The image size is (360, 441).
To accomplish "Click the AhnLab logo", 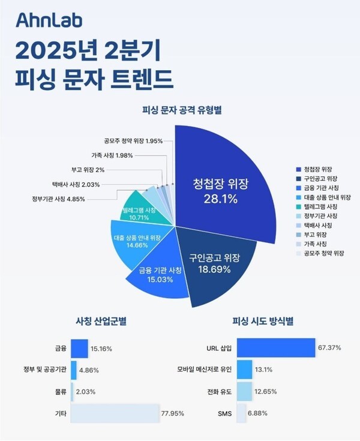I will tap(49, 22).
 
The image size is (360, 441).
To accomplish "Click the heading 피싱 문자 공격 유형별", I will tap(180, 110).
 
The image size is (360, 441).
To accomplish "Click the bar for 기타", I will tap(115, 413).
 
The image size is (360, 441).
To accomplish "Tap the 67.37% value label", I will tap(331, 348).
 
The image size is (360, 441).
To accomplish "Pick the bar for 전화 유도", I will tap(244, 391).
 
